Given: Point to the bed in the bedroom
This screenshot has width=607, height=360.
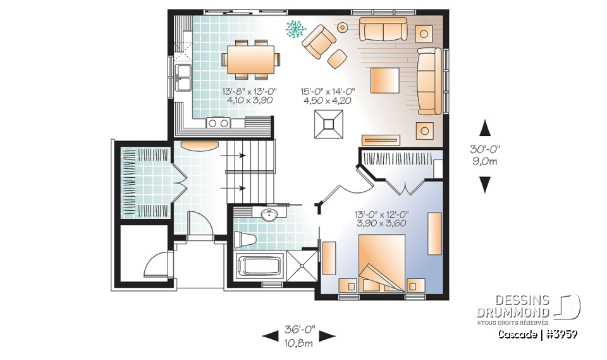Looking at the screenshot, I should [382, 263].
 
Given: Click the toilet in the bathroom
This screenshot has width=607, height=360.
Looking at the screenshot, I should [245, 240].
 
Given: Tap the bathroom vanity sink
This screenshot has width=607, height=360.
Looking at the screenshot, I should [269, 214].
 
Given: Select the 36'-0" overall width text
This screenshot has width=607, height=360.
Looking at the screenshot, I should [299, 330].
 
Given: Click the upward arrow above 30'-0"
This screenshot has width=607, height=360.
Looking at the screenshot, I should [485, 128].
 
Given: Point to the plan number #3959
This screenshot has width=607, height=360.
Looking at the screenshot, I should [559, 333].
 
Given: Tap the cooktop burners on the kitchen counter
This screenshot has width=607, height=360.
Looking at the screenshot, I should [218, 122].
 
